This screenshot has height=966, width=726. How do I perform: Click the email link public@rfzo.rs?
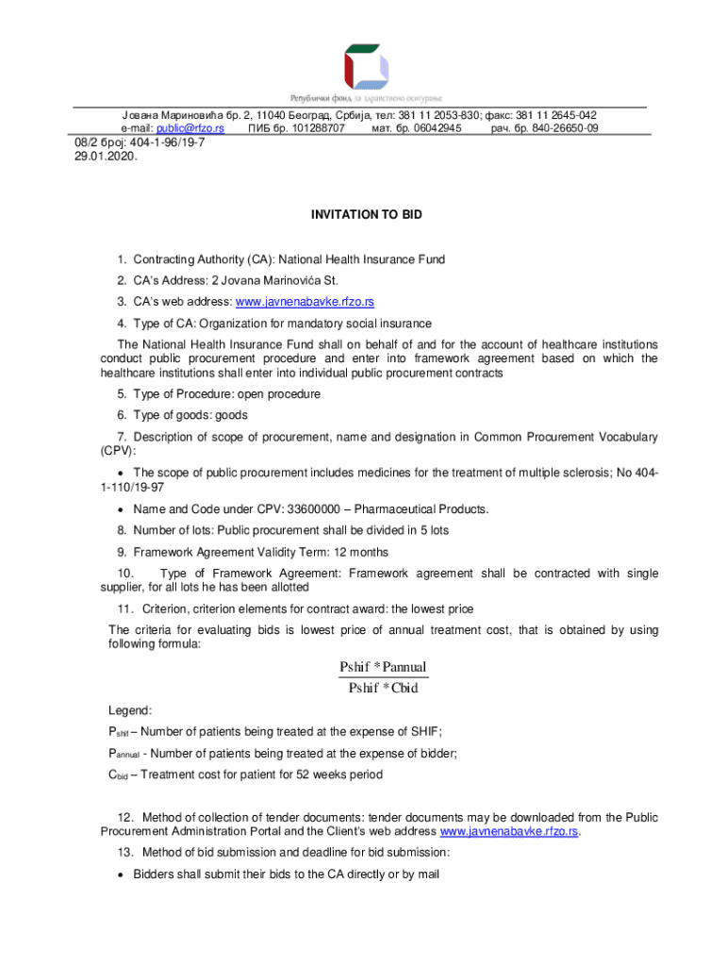click(190, 127)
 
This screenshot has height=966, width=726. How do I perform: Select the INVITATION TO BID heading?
click(367, 215)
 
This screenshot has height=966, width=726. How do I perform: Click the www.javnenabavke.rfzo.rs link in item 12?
click(509, 832)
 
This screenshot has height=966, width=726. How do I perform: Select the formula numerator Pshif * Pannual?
click(383, 668)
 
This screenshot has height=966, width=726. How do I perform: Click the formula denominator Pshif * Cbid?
click(383, 688)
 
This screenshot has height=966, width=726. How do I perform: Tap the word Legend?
click(128, 710)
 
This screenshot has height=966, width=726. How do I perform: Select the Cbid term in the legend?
click(118, 774)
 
